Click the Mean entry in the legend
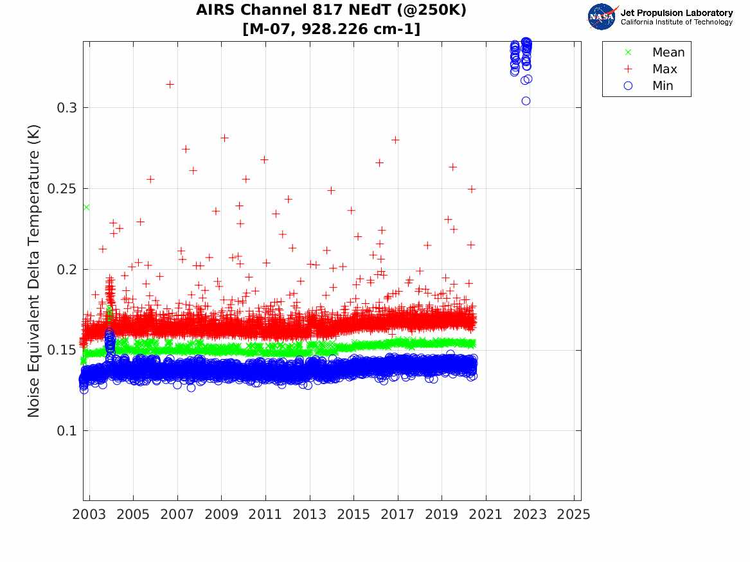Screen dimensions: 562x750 668,52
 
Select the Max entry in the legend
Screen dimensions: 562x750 664,69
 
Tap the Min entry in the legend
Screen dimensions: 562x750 663,85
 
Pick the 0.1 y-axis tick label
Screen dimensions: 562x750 67,430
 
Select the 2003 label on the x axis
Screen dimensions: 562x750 89,514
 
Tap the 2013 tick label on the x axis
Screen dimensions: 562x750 310,514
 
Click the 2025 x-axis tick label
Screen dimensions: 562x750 574,514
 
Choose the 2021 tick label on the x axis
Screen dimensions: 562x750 486,514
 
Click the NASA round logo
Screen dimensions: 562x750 602,17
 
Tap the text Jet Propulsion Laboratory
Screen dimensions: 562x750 676,13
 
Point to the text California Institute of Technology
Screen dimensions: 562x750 676,22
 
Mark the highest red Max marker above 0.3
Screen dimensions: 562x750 170,84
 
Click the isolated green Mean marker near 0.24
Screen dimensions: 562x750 85,207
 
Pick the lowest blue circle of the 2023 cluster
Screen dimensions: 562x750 526,101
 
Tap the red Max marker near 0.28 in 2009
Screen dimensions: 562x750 224,137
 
